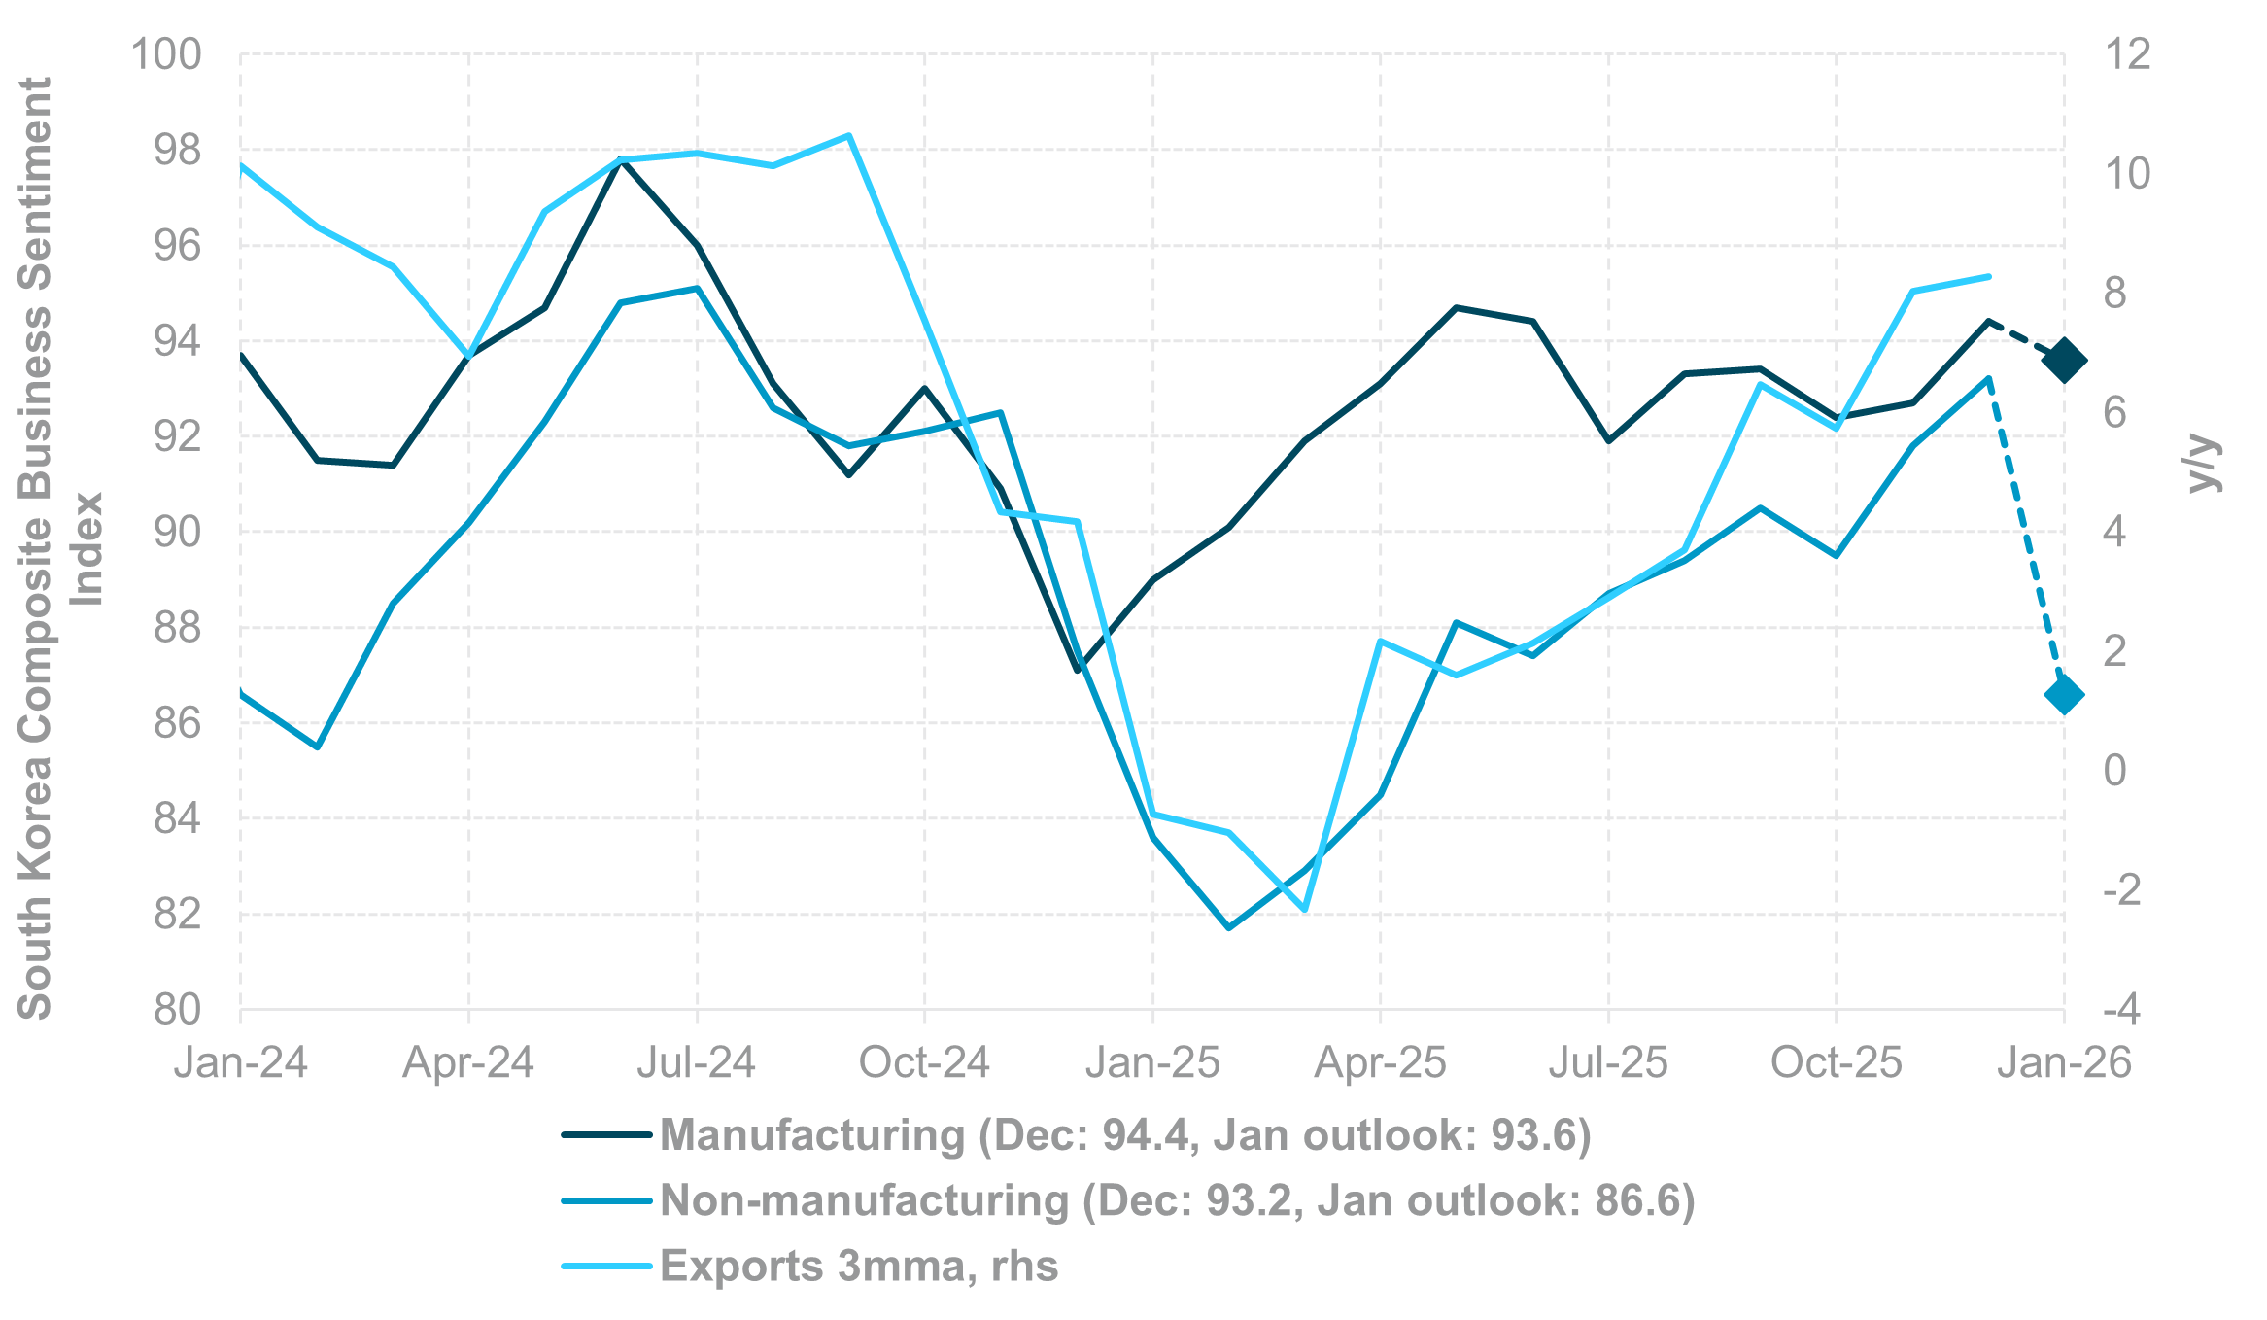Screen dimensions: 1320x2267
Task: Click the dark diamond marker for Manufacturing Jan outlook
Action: (2064, 361)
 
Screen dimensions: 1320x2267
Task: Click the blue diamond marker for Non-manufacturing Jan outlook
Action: (2064, 694)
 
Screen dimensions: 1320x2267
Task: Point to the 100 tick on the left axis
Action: (166, 54)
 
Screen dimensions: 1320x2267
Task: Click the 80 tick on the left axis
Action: (177, 1010)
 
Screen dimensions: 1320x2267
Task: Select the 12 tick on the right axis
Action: (2127, 54)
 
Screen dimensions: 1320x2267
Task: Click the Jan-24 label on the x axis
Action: (241, 1062)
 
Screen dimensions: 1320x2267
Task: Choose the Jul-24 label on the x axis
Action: (697, 1062)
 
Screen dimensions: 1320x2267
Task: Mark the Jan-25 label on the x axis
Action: (1152, 1062)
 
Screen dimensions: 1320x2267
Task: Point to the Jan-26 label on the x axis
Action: (2064, 1062)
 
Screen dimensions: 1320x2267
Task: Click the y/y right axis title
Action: (2204, 465)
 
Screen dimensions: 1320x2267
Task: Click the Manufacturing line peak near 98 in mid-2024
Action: (621, 159)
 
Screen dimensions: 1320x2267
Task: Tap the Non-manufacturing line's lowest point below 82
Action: (1229, 927)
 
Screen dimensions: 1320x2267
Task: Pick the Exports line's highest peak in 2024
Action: (848, 136)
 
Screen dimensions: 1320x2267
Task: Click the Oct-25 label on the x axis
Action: (1836, 1062)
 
